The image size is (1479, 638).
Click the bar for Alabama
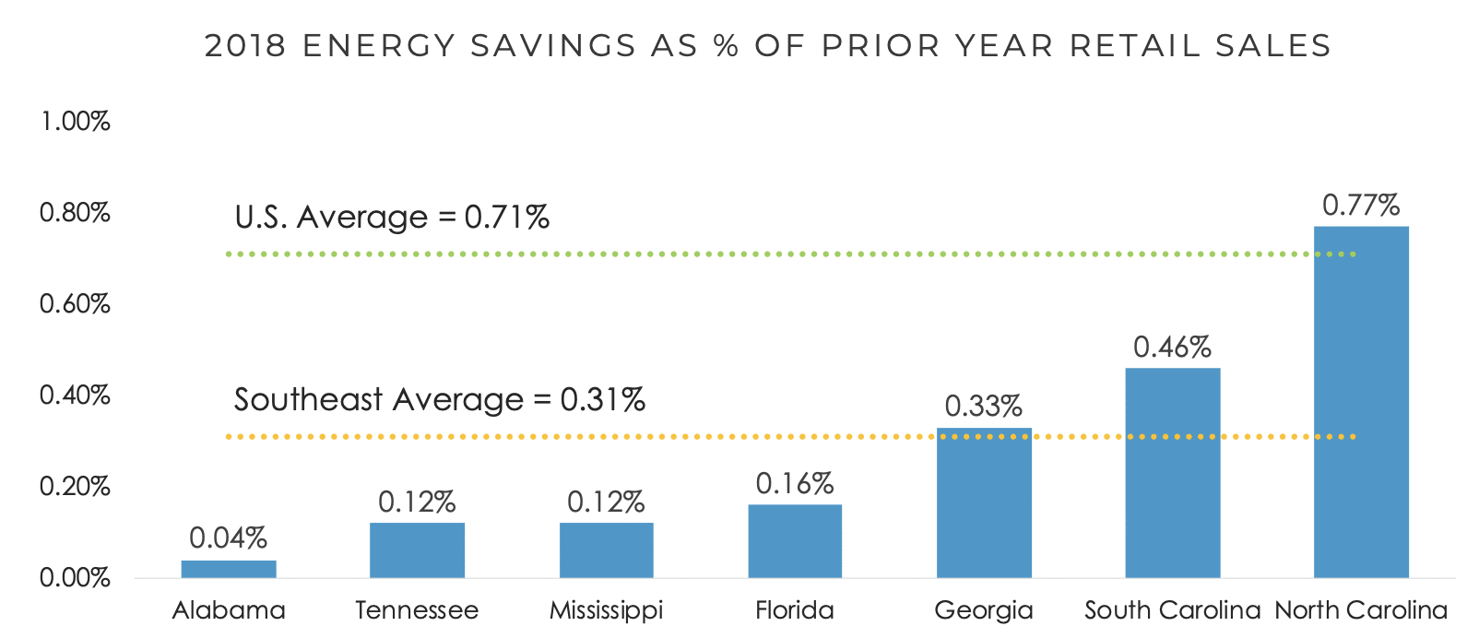pyautogui.click(x=229, y=569)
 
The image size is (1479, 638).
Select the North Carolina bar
pyautogui.click(x=1361, y=402)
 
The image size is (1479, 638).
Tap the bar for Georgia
pyautogui.click(x=984, y=503)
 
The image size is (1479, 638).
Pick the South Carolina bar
pyautogui.click(x=1173, y=473)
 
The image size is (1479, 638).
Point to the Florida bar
pyautogui.click(x=795, y=541)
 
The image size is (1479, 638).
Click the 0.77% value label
pyautogui.click(x=1361, y=205)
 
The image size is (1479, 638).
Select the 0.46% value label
pyautogui.click(x=1172, y=347)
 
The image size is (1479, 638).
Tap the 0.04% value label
pyautogui.click(x=228, y=538)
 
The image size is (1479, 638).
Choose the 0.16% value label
pyautogui.click(x=795, y=483)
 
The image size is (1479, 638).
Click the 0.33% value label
pyautogui.click(x=984, y=406)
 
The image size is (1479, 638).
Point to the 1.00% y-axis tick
pyautogui.click(x=75, y=121)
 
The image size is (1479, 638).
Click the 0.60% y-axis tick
pyautogui.click(x=75, y=303)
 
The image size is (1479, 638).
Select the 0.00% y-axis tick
pyautogui.click(x=75, y=578)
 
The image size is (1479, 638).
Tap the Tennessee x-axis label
pyautogui.click(x=417, y=610)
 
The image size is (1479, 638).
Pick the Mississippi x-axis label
pyautogui.click(x=606, y=610)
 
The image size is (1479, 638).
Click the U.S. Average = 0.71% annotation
pyautogui.click(x=392, y=218)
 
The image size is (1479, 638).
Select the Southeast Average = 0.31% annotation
pyautogui.click(x=439, y=399)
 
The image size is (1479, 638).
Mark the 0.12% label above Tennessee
pyautogui.click(x=417, y=502)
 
